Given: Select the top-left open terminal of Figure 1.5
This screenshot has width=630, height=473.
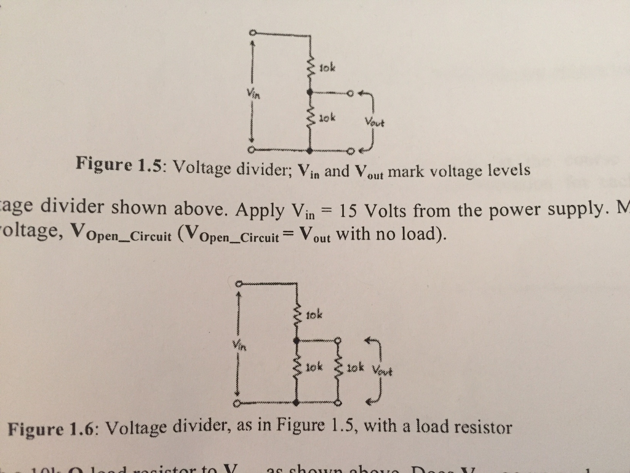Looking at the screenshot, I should tap(252, 32).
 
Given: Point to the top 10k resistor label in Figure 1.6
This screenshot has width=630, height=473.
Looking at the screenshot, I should tap(314, 316).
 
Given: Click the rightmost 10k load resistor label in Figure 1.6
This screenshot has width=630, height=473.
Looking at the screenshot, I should tap(355, 369).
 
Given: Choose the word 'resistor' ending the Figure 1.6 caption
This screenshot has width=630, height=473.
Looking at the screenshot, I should tap(481, 427).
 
